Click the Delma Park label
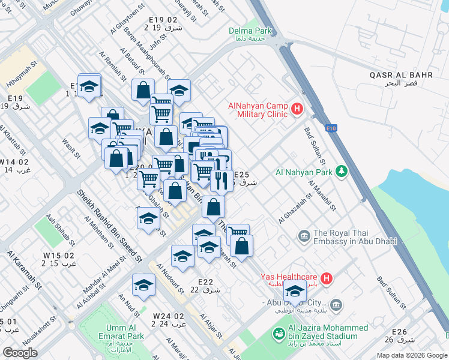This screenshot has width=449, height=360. tap(250, 31)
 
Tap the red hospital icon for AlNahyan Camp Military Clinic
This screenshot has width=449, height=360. tap(296, 109)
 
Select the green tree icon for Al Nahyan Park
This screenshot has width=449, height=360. tap(342, 172)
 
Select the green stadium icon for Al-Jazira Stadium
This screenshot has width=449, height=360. tap(279, 333)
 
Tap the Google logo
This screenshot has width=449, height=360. tap(20, 353)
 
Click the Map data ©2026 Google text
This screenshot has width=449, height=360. tap(411, 355)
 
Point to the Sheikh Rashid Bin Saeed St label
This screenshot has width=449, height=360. tap(109, 226)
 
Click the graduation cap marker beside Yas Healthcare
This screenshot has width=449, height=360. tap(295, 292)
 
